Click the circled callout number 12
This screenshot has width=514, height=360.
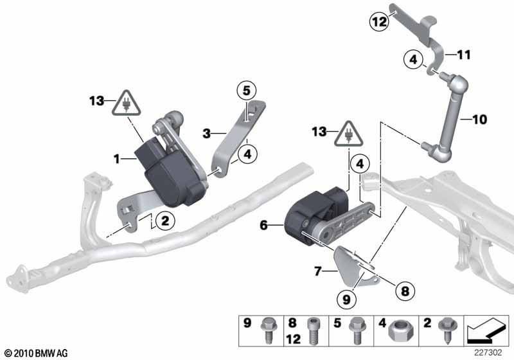pyautogui.click(x=379, y=22)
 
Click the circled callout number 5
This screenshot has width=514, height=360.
pyautogui.click(x=247, y=91)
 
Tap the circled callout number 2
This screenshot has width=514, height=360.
pyautogui.click(x=165, y=221)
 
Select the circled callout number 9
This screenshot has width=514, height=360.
pyautogui.click(x=346, y=299)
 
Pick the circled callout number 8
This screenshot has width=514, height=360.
pyautogui.click(x=405, y=291)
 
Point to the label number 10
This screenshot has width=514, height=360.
pyautogui.click(x=479, y=120)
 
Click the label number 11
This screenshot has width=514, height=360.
pyautogui.click(x=464, y=55)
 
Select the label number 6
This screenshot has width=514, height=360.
pyautogui.click(x=263, y=225)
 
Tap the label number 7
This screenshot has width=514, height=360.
pyautogui.click(x=317, y=271)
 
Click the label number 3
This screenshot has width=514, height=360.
pyautogui.click(x=206, y=134)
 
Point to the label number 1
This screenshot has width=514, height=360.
pyautogui.click(x=116, y=159)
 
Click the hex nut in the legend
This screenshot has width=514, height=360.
pyautogui.click(x=397, y=331)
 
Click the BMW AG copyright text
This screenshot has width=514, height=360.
pyautogui.click(x=37, y=354)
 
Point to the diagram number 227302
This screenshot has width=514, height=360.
pyautogui.click(x=488, y=353)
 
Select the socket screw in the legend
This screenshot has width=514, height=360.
pyautogui.click(x=313, y=331)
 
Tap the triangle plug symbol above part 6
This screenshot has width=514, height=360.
pyautogui.click(x=348, y=135)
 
